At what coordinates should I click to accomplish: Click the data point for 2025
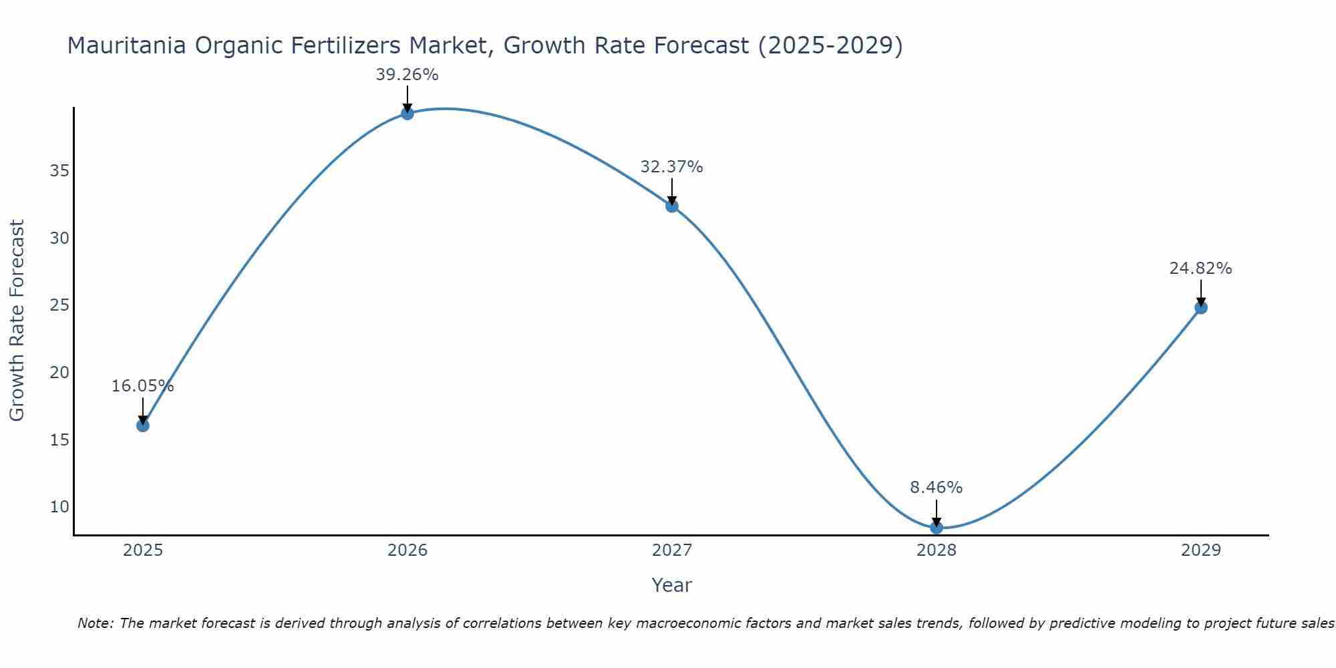143,426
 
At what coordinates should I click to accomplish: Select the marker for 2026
407,114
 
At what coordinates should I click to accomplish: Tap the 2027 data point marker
672,206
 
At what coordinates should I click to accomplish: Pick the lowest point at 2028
937,528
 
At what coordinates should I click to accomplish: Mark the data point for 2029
1201,308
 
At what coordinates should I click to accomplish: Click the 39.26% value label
407,75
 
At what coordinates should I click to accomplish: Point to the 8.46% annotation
937,488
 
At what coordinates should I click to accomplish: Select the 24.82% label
1200,269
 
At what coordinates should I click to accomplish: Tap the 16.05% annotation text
142,386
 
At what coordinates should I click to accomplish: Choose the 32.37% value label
671,167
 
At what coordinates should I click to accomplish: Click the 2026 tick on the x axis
407,550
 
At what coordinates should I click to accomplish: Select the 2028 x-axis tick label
937,550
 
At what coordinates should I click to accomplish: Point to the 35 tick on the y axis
59,171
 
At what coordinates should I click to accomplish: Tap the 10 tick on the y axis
59,507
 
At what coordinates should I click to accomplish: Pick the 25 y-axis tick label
59,305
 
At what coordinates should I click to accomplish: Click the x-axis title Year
671,585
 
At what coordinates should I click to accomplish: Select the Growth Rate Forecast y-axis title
17,321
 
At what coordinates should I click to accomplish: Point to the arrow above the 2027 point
672,191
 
